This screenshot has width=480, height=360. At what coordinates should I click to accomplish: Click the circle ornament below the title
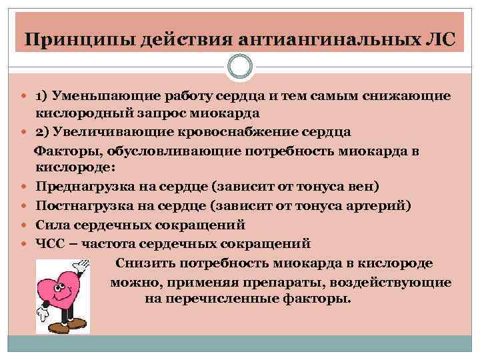(240, 67)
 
